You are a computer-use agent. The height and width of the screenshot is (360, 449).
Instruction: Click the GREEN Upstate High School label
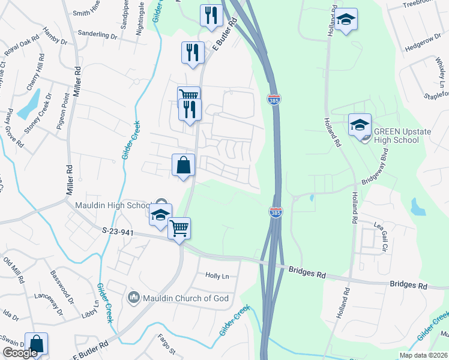tap(396, 136)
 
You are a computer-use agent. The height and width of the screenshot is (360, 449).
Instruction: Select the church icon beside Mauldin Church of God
tap(133, 297)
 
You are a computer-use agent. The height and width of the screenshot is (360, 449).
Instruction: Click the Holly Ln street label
tap(217, 276)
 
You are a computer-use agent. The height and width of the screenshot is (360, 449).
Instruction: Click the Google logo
tap(20, 353)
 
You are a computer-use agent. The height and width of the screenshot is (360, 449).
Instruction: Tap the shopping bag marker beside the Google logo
tap(37, 344)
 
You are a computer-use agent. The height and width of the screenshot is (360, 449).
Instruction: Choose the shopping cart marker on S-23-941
tap(179, 229)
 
